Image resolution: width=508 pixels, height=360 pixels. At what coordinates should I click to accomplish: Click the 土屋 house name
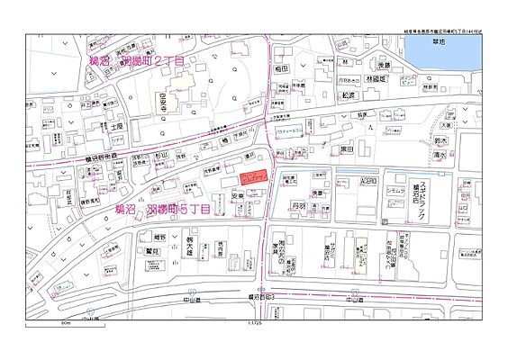(116, 127)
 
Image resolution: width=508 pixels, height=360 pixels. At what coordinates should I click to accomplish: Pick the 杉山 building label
(161, 155)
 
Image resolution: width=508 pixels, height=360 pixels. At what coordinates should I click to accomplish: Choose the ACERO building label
(369, 181)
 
